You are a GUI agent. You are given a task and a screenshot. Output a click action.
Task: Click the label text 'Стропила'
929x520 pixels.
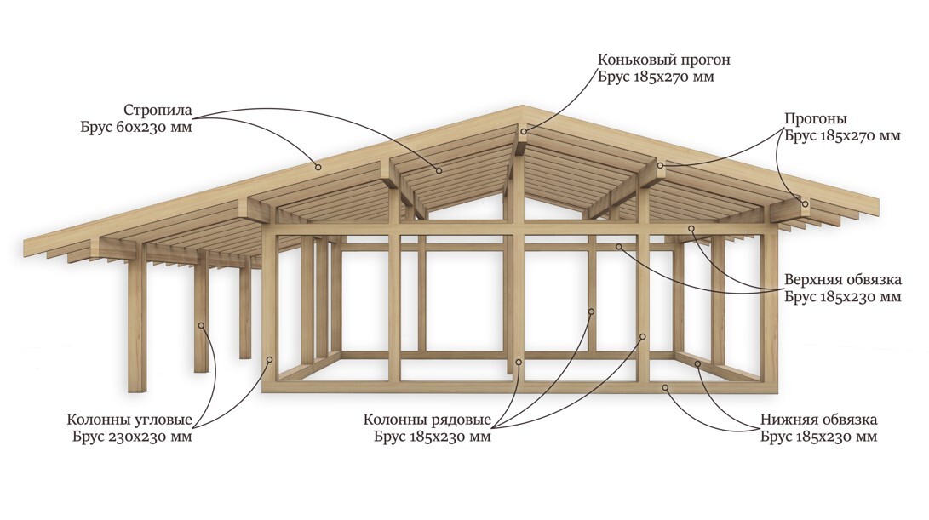point(158,111)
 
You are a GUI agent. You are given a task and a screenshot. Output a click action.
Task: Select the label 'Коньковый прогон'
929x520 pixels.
point(663,60)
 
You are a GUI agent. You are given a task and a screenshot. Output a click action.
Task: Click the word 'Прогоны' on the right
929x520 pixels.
point(815,118)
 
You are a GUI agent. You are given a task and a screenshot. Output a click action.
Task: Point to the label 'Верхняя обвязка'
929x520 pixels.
point(843,280)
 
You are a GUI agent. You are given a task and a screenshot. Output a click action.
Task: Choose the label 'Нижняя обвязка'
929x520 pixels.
point(819,420)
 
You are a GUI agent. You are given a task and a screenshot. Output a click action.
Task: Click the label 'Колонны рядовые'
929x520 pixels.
point(427,420)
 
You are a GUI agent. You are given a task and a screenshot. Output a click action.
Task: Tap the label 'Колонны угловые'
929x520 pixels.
point(129,420)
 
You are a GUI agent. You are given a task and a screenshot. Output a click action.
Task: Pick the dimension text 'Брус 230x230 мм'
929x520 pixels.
point(131,437)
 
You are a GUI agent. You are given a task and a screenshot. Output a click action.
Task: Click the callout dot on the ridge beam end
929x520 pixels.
point(524,130)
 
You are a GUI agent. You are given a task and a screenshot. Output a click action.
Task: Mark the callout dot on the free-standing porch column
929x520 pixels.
point(203,324)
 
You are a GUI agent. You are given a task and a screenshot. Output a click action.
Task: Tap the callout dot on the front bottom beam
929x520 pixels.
point(667,388)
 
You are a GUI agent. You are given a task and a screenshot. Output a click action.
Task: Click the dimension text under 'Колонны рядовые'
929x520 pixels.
point(432,437)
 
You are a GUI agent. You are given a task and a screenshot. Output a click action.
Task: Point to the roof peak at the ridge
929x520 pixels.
point(523,107)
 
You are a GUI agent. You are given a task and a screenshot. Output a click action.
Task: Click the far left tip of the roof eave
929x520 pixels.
point(26,248)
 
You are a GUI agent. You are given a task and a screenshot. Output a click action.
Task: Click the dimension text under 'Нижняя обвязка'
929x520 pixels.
point(818,437)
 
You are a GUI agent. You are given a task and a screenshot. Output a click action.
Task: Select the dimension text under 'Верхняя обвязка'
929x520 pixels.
point(842,297)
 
